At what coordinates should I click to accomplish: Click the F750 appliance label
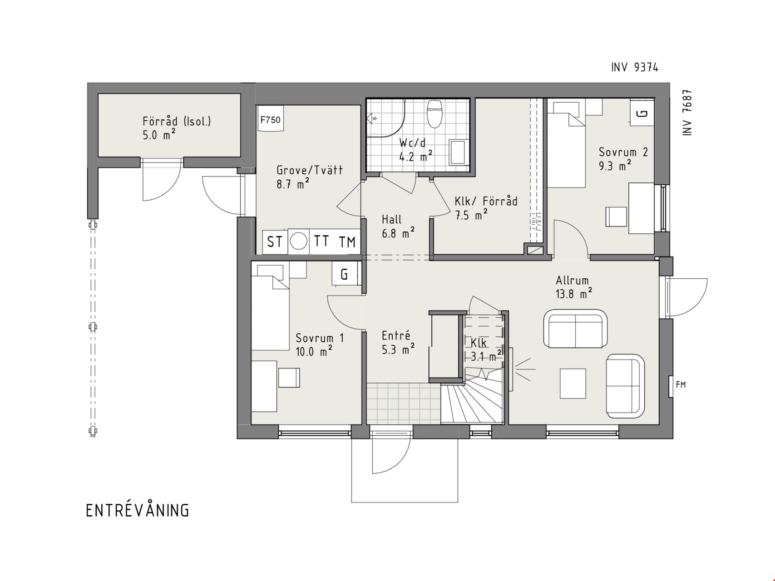(270, 120)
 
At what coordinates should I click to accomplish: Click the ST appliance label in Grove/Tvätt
(274, 242)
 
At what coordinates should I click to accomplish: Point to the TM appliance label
(347, 242)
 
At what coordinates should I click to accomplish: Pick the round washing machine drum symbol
(298, 241)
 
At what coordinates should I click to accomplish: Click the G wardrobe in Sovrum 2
(642, 113)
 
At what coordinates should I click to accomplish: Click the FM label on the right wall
(681, 385)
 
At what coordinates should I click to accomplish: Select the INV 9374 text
(634, 68)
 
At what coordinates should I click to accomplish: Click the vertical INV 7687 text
(687, 112)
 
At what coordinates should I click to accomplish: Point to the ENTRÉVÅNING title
(137, 510)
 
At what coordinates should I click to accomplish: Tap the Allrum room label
(572, 281)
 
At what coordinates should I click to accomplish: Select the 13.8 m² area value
(574, 294)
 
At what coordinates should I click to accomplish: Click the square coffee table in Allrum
(573, 384)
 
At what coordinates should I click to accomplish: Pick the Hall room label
(391, 220)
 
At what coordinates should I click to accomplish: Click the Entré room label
(396, 336)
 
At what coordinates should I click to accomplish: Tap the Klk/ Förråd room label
(486, 201)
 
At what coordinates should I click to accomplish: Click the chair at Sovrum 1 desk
(289, 378)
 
